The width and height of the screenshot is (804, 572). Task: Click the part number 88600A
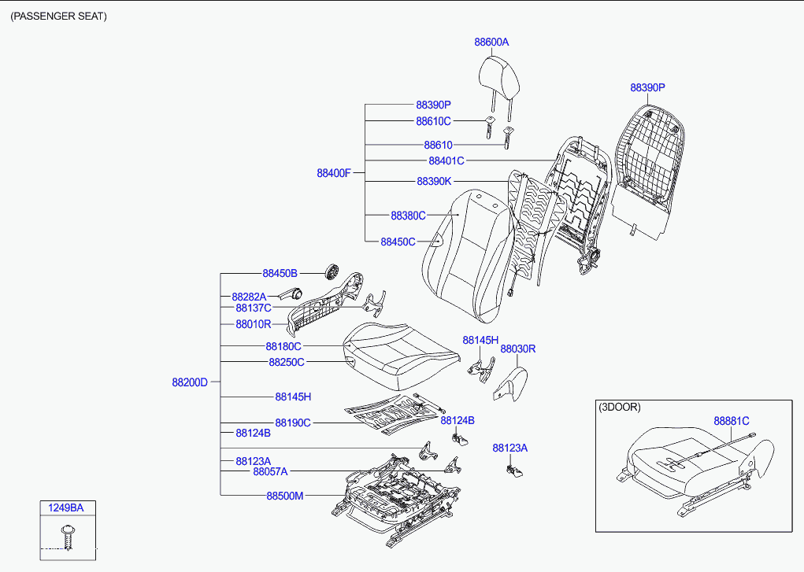[x=491, y=42]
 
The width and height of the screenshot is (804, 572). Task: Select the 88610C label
[x=433, y=121]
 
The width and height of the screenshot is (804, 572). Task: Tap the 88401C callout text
[x=446, y=161]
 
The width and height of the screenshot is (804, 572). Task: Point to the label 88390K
[x=435, y=181]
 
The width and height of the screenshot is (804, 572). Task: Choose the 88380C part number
[x=408, y=216]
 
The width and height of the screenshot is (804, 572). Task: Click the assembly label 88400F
[x=334, y=173]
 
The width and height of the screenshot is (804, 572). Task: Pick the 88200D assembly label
[x=190, y=382]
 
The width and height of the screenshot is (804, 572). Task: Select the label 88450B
[x=280, y=273]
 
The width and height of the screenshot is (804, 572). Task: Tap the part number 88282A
[x=249, y=297]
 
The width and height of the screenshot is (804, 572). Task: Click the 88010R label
[x=254, y=324]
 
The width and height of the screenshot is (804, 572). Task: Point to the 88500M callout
[x=285, y=496]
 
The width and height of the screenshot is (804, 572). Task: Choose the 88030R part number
[x=518, y=349]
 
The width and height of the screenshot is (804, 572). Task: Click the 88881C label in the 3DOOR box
[x=732, y=421]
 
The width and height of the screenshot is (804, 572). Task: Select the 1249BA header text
[x=65, y=508]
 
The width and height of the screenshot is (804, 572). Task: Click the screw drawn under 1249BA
[x=68, y=537]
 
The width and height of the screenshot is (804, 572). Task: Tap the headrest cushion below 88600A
[x=499, y=79]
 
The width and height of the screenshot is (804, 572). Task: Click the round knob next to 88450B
[x=333, y=271]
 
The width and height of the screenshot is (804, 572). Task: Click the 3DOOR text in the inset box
[x=620, y=407]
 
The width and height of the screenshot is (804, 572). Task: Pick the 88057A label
[x=270, y=471]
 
